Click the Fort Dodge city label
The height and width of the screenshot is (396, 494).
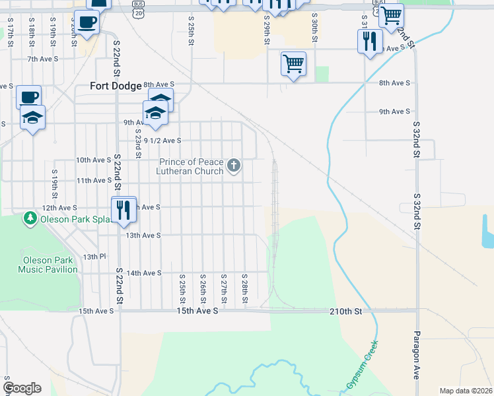(116, 86)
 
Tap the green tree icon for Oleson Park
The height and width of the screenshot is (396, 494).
(30, 217)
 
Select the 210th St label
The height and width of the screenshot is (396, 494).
(349, 310)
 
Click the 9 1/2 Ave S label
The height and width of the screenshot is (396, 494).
(162, 141)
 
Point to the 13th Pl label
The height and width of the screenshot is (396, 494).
(94, 256)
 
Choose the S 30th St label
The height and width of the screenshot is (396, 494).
(315, 28)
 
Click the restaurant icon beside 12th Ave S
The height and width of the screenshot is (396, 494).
(123, 211)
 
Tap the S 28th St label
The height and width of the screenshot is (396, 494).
(244, 288)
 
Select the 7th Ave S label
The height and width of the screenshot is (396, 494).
(43, 59)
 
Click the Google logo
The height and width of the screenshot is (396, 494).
(22, 388)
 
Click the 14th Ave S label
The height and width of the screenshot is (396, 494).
(144, 273)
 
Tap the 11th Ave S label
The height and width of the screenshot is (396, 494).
(94, 180)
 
